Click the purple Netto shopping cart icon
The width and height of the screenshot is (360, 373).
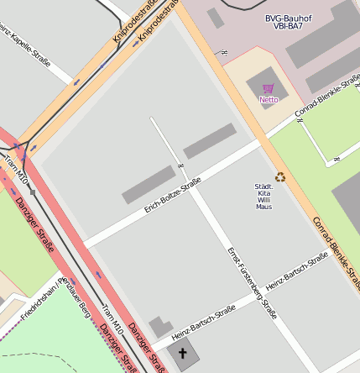(269, 88)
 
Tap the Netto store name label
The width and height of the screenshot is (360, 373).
(269, 100)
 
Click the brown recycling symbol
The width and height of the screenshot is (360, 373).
(281, 176)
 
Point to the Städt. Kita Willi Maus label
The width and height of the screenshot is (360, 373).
(263, 196)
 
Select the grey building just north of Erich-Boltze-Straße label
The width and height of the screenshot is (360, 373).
(149, 184)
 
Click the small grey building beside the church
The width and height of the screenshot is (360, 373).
(160, 327)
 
